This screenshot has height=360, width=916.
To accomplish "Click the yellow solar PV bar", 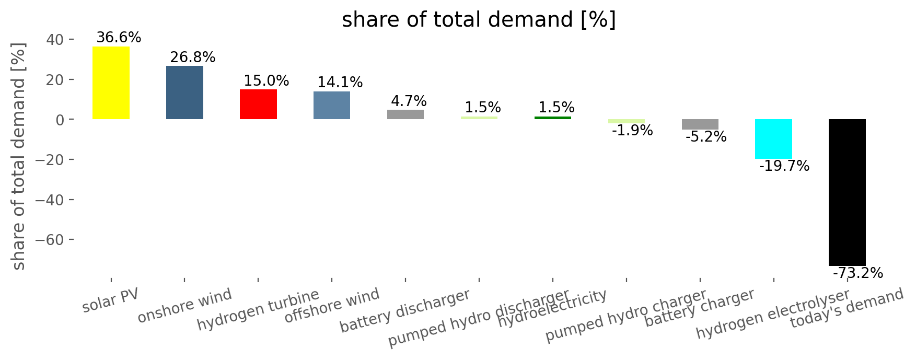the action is coord(111,83).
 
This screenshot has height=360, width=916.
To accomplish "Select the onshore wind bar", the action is coord(184,92).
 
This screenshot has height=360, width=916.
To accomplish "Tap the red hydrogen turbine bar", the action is coord(258,104).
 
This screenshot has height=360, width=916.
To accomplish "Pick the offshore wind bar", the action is coord(332,106).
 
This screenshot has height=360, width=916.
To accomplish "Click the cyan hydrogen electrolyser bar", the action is coord(773,139).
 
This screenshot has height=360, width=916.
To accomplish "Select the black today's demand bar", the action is coord(847,192).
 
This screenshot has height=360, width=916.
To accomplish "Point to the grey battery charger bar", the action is coord(700,124).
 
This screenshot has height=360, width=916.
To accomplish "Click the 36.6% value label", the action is coord(119,38).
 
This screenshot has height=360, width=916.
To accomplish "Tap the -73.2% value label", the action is coord(857,273).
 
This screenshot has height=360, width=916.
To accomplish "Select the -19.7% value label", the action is coord(784,166).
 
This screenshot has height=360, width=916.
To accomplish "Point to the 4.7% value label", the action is coord(409,101).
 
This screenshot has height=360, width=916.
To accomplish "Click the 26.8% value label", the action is coord(192,57).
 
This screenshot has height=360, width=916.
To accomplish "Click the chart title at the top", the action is coord(479,20).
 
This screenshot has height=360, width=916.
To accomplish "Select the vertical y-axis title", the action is coord(19,156).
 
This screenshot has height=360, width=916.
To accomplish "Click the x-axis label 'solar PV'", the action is coord(111,300).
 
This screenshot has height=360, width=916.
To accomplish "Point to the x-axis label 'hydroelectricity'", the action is coord(552,309).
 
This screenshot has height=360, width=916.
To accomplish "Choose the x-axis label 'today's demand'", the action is coord(847,308).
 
